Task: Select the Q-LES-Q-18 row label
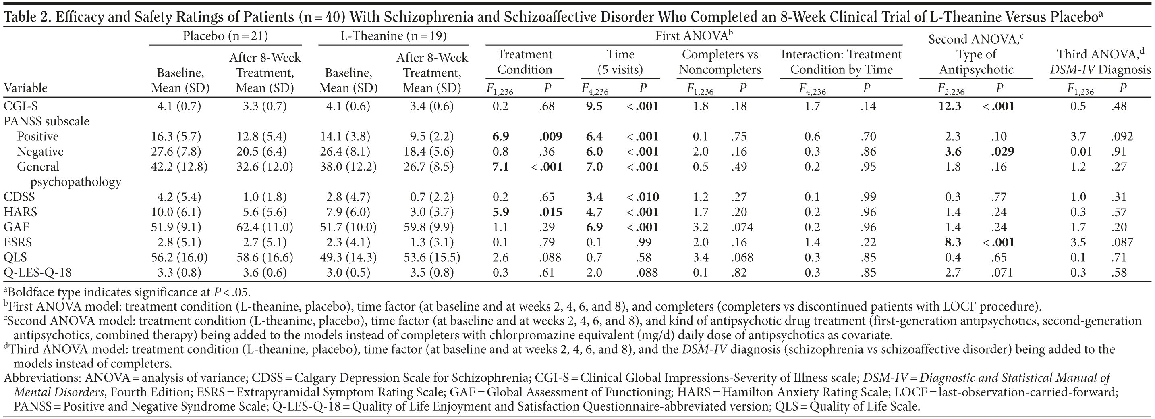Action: (37, 272)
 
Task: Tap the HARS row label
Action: (20, 212)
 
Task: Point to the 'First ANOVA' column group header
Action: (694, 36)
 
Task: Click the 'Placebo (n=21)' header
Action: (225, 36)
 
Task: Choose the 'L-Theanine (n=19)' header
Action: (393, 36)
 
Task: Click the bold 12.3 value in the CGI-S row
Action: (950, 106)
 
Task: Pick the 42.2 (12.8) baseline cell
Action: (180, 167)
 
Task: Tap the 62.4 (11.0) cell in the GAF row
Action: (265, 227)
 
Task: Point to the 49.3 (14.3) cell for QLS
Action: (348, 258)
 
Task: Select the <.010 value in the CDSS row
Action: (643, 197)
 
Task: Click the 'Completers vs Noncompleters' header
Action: (720, 62)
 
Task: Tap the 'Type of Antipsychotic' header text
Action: (976, 62)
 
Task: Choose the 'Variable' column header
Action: (25, 88)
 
